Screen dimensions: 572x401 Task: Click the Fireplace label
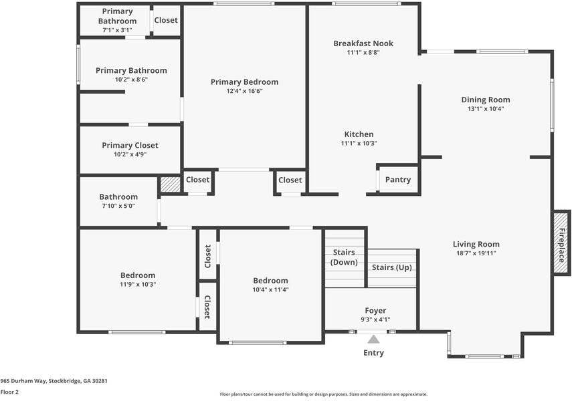[x=562, y=245]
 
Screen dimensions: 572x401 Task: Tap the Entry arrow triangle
[x=373, y=340]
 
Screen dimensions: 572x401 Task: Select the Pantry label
[x=398, y=179]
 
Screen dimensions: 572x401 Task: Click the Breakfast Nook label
[x=363, y=43]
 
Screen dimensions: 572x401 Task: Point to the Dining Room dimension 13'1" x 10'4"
[x=486, y=109]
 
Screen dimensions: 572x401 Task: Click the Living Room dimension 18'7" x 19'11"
[x=476, y=253]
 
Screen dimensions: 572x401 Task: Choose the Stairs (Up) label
[x=392, y=267]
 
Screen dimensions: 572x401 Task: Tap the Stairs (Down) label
[x=344, y=257]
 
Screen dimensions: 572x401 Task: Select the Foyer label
[x=375, y=311]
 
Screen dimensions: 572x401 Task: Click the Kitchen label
[x=359, y=134]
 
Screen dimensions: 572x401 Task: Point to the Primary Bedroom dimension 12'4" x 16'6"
[x=244, y=91]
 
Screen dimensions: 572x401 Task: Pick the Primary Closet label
[x=130, y=145]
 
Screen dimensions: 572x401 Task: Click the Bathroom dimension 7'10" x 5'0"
[x=118, y=206]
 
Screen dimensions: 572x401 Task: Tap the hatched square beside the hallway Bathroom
[x=171, y=184]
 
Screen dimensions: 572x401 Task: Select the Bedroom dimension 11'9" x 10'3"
[x=138, y=284]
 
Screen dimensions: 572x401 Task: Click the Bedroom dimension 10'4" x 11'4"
[x=270, y=290]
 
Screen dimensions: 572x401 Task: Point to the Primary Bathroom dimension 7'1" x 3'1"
[x=118, y=30]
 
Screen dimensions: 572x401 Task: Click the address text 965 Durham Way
[x=23, y=381]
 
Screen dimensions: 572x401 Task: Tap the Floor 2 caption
[x=9, y=392]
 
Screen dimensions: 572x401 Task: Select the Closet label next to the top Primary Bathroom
[x=166, y=20]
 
